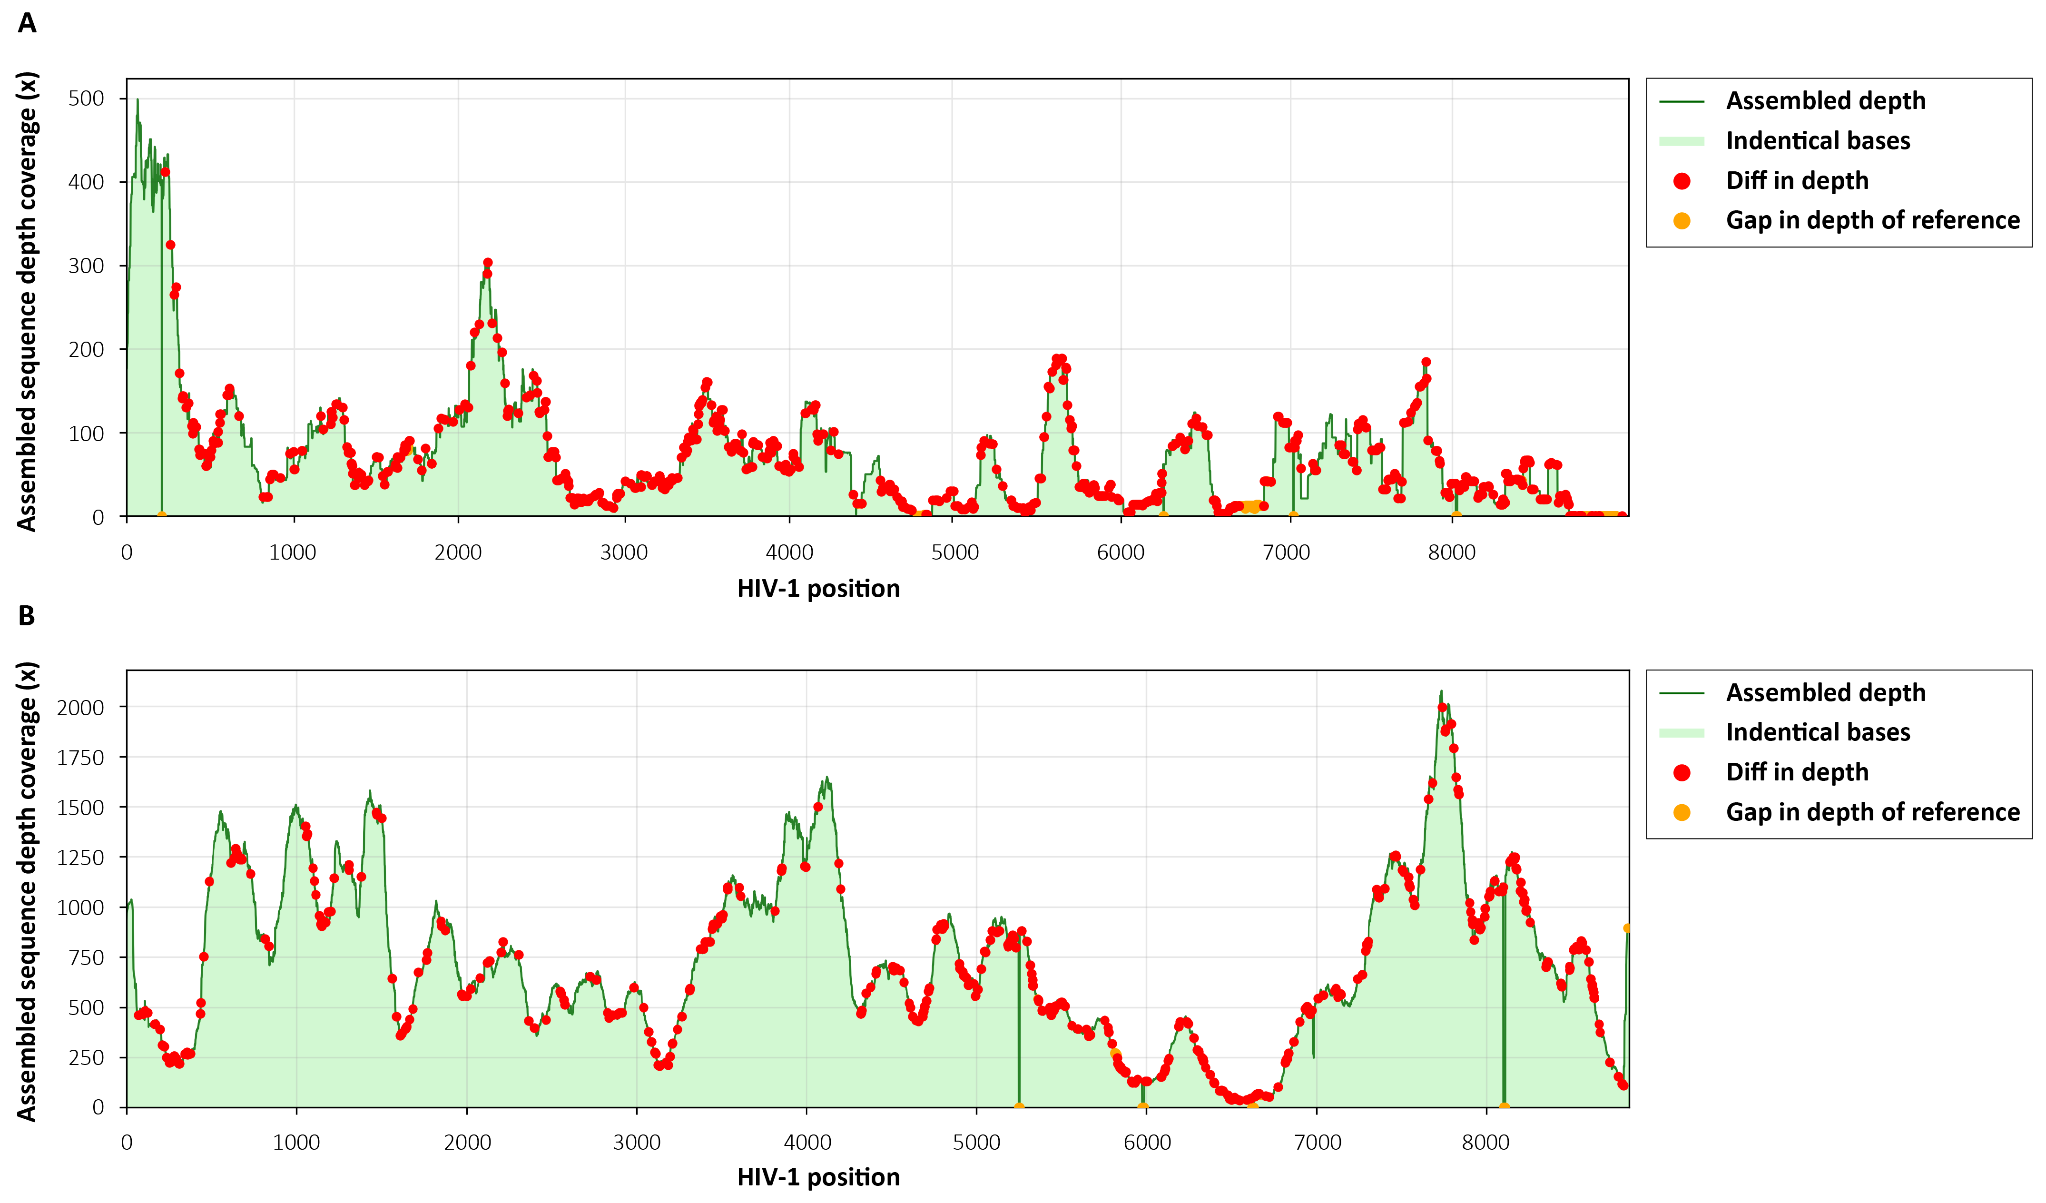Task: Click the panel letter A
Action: (x=27, y=23)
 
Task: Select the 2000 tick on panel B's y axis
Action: (x=80, y=708)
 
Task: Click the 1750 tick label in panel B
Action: (x=80, y=758)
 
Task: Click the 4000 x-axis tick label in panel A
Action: (x=789, y=553)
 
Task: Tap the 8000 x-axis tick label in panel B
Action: (x=1486, y=1143)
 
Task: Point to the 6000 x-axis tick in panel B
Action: (x=1146, y=1143)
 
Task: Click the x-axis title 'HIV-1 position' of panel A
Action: (x=818, y=589)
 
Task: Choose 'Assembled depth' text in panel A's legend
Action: (x=1825, y=101)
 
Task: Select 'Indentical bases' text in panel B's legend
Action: (x=1818, y=732)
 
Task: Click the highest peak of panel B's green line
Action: (x=1441, y=691)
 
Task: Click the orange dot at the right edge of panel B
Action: (x=1627, y=928)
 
